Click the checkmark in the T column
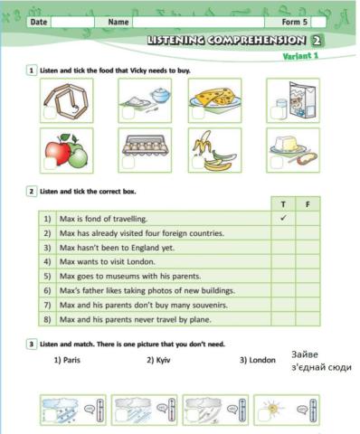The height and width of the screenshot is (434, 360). pyautogui.click(x=284, y=218)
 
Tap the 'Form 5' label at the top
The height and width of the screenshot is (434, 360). pyautogui.click(x=294, y=20)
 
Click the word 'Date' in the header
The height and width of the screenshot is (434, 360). pyautogui.click(x=38, y=20)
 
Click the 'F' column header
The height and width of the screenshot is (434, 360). pyautogui.click(x=308, y=204)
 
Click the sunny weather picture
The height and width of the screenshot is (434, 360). pyautogui.click(x=285, y=409)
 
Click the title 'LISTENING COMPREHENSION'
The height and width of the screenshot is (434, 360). pyautogui.click(x=226, y=41)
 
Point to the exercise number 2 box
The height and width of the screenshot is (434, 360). pyautogui.click(x=32, y=192)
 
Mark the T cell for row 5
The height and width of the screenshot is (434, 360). pyautogui.click(x=284, y=276)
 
